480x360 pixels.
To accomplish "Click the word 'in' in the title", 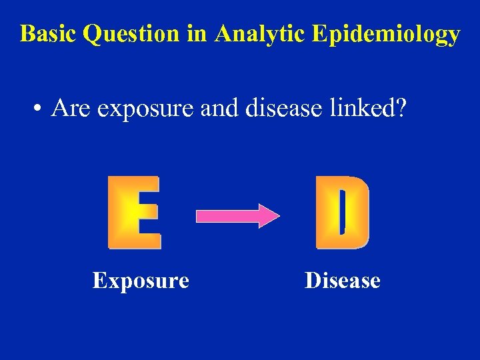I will (197, 34).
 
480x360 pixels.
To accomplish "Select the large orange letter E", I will (134, 213).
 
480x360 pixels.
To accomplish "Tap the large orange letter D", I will (342, 213).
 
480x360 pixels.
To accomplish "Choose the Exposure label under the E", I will (141, 281).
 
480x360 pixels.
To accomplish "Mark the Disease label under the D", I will (342, 281).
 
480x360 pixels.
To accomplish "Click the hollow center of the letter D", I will (341, 211).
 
